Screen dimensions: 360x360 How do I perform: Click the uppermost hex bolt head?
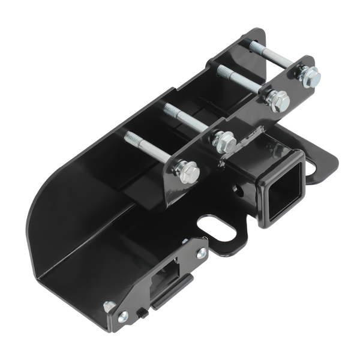point(310,77)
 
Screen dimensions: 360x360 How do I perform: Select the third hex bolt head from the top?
point(226,142)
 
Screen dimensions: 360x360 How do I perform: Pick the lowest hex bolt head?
point(188,173)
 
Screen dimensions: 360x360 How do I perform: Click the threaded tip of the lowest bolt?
point(129,137)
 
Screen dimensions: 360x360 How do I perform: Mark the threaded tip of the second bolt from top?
point(221,71)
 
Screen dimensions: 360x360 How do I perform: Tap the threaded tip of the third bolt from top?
point(169,109)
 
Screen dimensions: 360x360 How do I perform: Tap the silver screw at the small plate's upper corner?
point(201,253)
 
